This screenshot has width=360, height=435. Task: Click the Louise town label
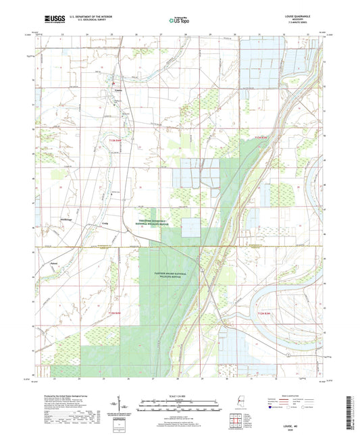point(119,89)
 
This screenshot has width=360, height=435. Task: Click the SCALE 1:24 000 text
point(180,395)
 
